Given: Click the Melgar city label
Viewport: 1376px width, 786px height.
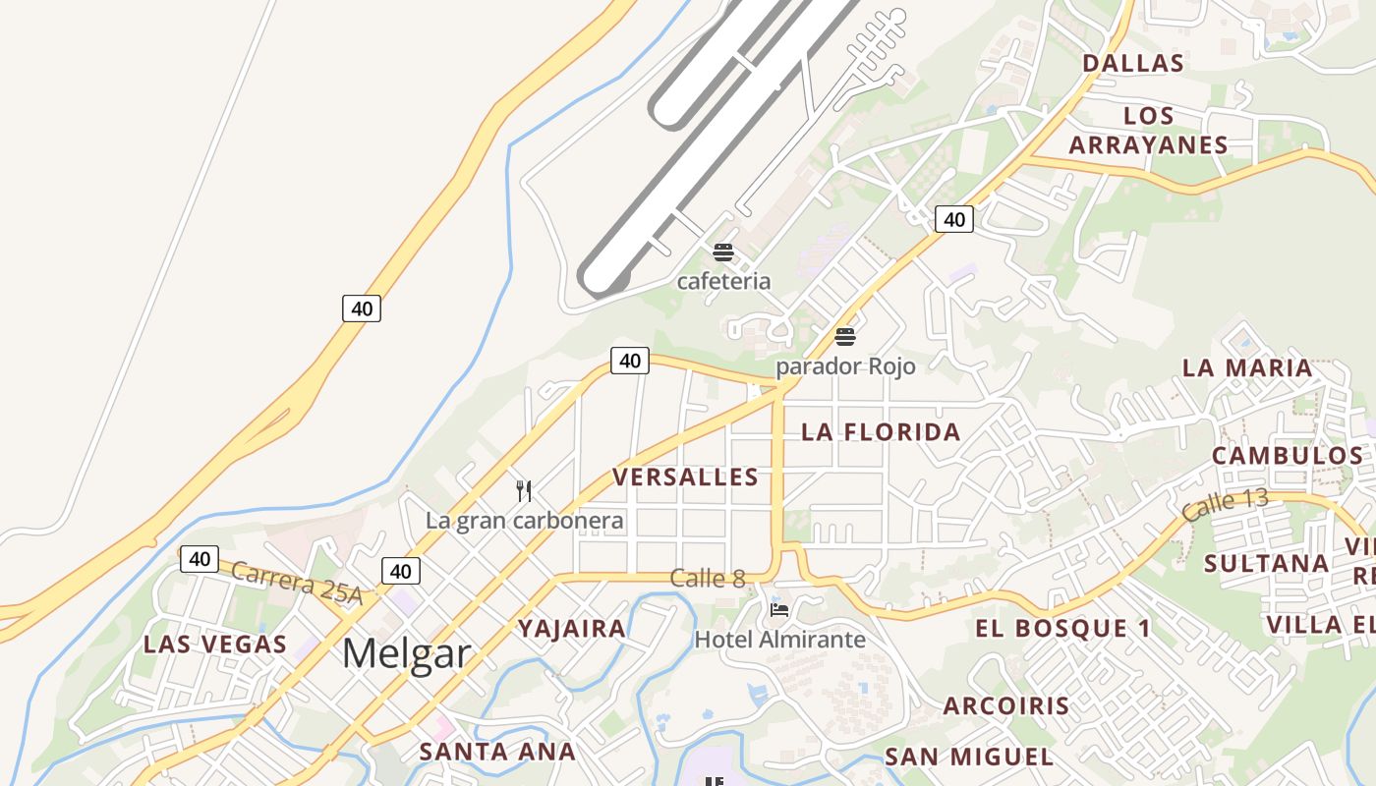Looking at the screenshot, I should (406, 653).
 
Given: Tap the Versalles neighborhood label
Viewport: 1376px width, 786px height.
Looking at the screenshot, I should (685, 477).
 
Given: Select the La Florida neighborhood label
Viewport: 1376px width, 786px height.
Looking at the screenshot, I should (881, 432).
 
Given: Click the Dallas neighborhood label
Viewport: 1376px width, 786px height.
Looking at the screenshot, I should (1132, 64).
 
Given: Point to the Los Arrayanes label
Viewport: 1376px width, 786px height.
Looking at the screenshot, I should (1148, 131).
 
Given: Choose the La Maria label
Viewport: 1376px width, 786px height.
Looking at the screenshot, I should (1246, 368).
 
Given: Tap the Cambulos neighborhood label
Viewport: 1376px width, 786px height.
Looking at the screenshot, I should (1287, 456).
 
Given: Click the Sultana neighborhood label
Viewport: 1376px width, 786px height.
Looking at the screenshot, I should (1266, 564).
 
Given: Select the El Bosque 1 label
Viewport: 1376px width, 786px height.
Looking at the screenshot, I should (1062, 629).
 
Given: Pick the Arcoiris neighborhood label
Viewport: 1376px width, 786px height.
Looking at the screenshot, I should (1006, 706).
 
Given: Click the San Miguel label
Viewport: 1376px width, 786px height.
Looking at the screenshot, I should (969, 758).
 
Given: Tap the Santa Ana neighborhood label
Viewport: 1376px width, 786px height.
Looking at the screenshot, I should (497, 753).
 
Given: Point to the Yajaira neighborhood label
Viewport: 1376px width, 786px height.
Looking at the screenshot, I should (572, 629).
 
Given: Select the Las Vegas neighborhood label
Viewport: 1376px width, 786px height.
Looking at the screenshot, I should (215, 646).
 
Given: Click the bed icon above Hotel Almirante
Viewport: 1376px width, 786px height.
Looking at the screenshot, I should (779, 610).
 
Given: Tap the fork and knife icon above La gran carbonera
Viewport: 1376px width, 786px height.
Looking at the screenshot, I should (524, 490).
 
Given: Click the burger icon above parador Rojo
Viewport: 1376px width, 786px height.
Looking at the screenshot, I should (845, 337).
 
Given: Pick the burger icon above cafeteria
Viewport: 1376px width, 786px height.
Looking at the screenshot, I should (723, 253).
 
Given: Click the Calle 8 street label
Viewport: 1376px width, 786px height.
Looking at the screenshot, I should (707, 579).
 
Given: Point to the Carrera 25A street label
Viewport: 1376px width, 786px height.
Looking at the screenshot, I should (298, 584).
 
